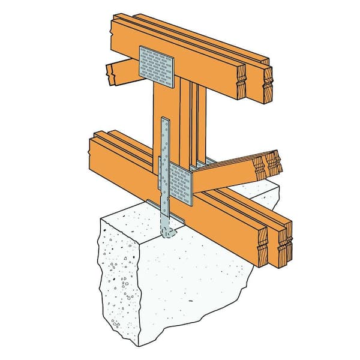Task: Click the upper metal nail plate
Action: [156, 66]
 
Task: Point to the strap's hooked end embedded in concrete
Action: [169, 232]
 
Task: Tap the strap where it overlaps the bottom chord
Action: [164, 180]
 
